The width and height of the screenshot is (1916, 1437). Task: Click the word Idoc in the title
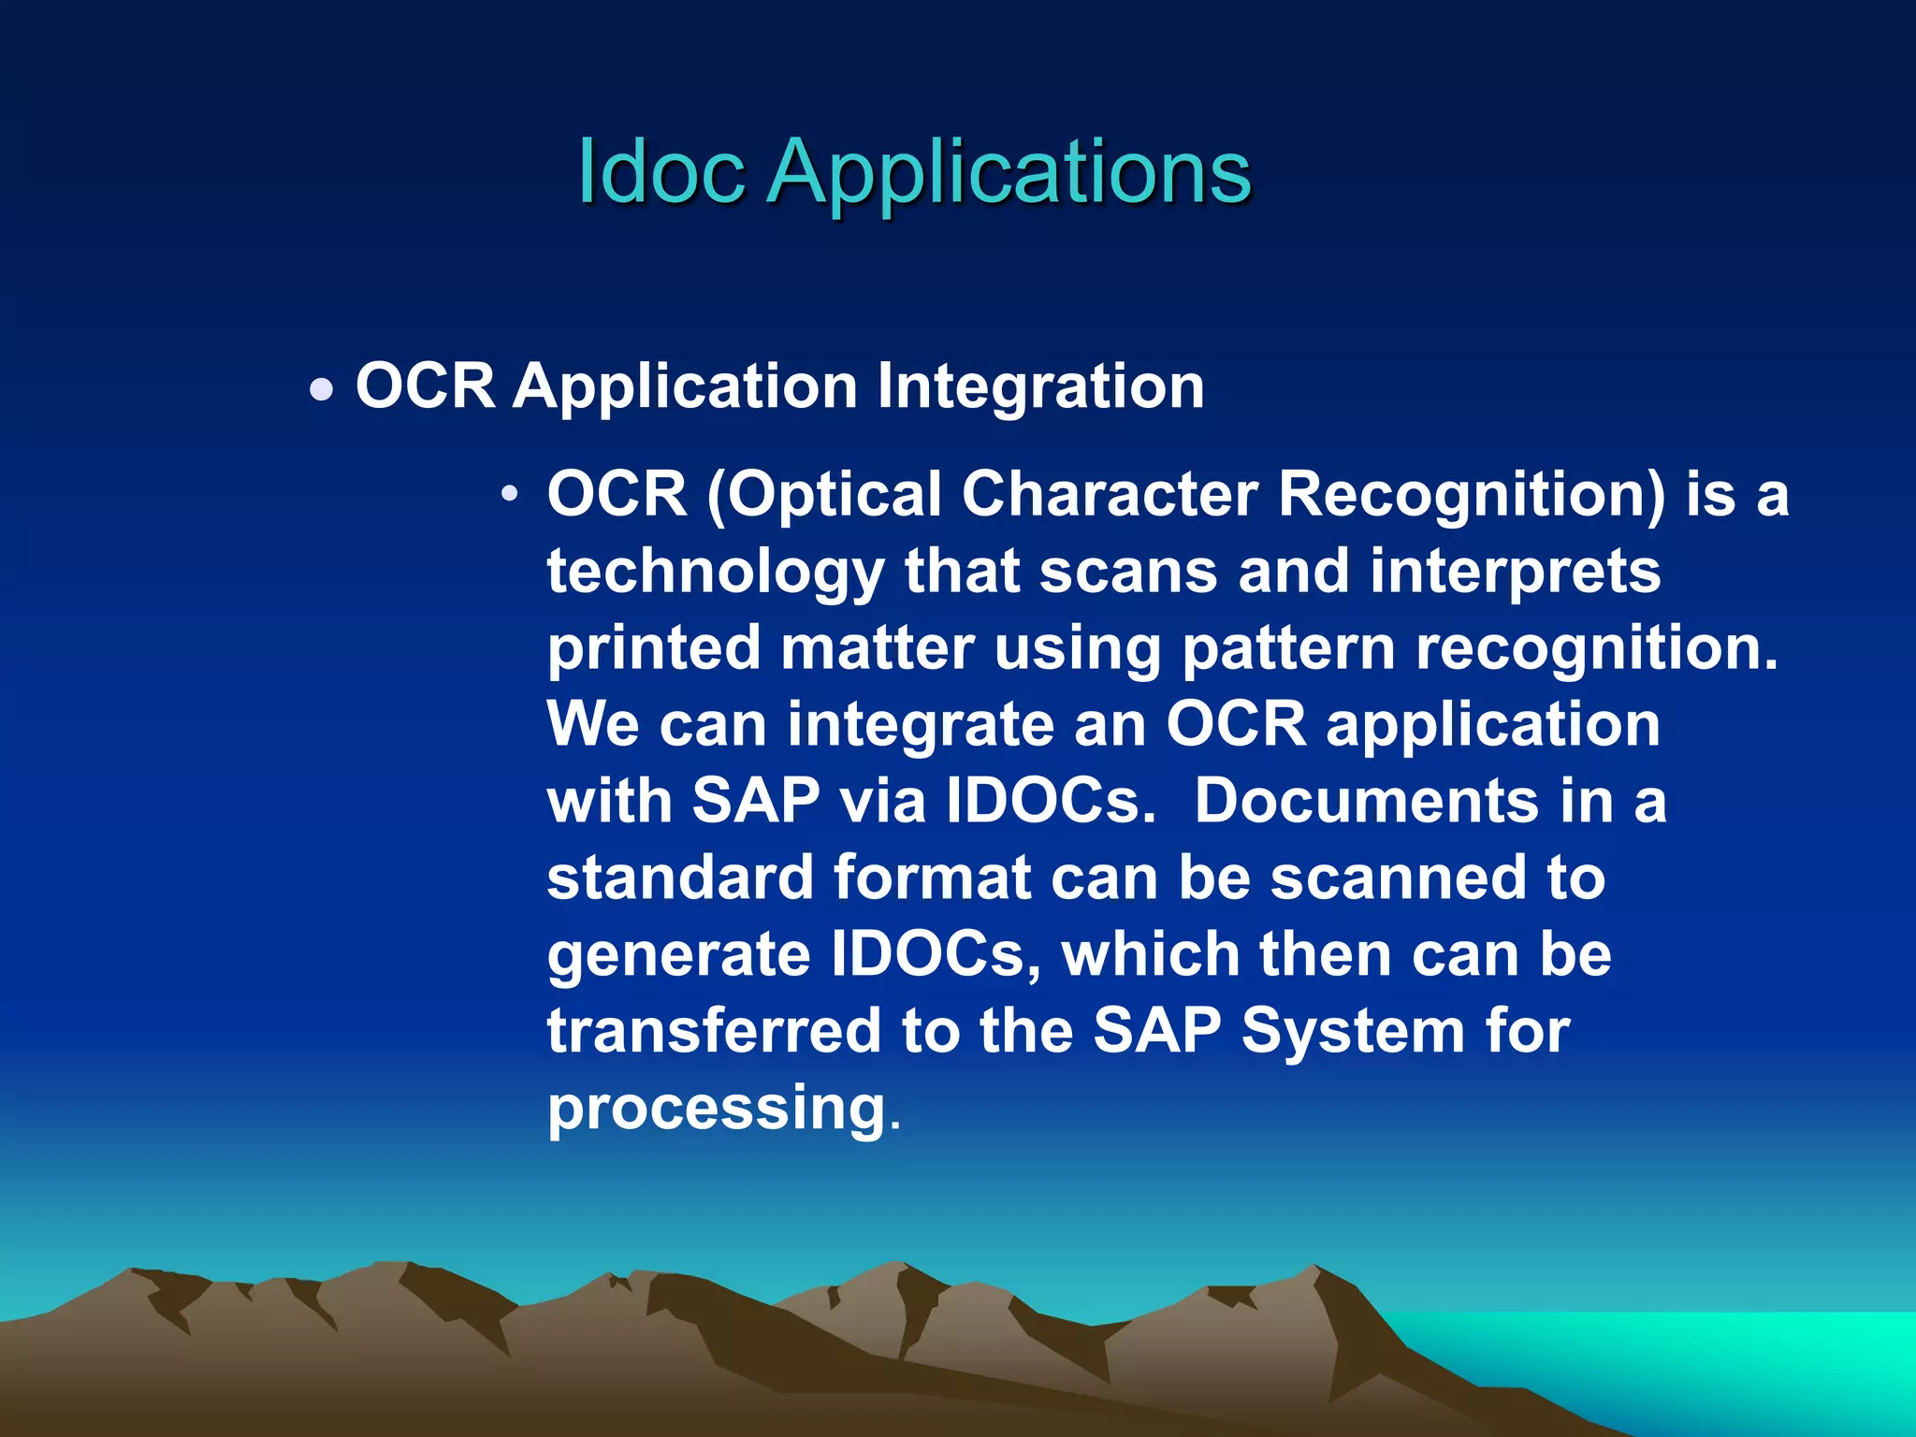pos(660,171)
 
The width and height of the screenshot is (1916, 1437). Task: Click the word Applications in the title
pos(1009,173)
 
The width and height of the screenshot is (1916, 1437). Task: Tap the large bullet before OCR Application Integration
pos(321,389)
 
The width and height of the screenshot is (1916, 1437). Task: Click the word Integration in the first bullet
pos(1040,386)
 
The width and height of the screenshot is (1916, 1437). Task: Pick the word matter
pos(877,647)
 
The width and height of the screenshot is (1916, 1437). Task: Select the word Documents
pos(1366,801)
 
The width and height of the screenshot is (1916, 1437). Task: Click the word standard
pos(680,878)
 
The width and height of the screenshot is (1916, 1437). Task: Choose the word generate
pos(678,956)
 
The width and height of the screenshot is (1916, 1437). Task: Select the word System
pos(1353,1031)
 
